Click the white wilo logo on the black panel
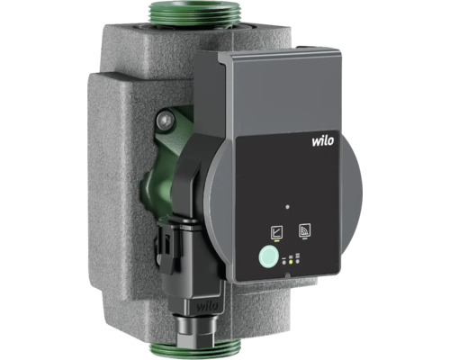click(x=323, y=140)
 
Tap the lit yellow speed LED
click(x=291, y=262)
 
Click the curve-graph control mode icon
click(x=276, y=232)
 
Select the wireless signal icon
click(x=304, y=230)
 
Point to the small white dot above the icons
click(x=287, y=207)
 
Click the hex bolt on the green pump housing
click(x=166, y=121)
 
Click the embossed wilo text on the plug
click(x=207, y=306)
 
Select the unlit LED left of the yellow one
click(x=283, y=263)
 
